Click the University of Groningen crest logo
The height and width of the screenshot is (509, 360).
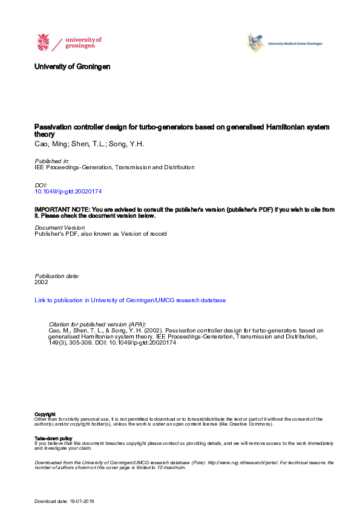44,43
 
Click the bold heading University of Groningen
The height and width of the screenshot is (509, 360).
73,66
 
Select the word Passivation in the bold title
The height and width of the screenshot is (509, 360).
53,128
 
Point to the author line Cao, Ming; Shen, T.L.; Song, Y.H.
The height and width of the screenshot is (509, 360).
80,145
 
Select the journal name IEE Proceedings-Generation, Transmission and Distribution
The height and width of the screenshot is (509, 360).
115,167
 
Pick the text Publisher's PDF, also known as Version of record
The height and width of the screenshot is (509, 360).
100,233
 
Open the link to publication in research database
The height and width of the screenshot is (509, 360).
130,300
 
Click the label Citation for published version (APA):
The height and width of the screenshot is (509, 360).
97,324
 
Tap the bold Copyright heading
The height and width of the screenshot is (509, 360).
45,414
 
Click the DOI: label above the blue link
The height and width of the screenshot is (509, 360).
41,185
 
